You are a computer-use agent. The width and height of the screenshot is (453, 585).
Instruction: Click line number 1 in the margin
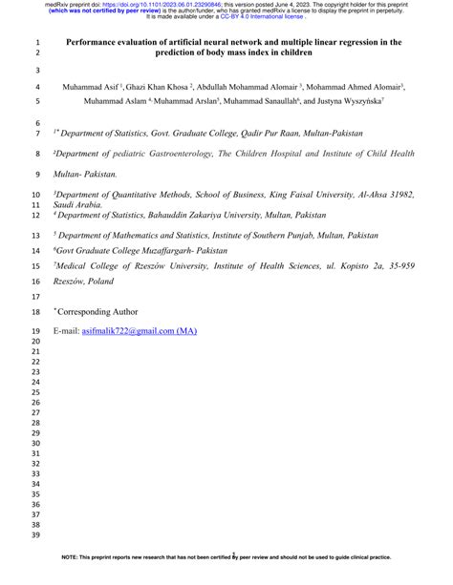[x=39, y=43]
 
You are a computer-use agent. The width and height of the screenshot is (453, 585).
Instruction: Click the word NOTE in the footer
[x=72, y=580]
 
